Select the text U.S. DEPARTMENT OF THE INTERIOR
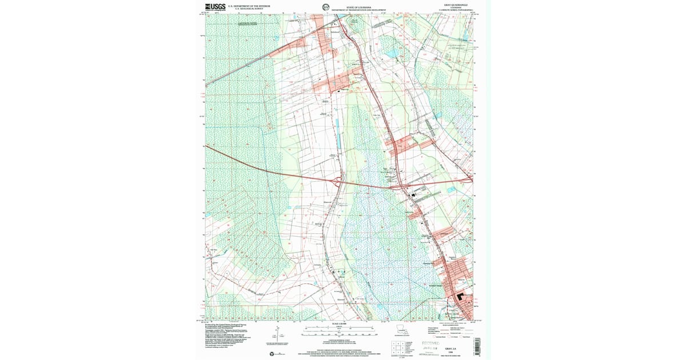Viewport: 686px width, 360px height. pyautogui.click(x=249, y=6)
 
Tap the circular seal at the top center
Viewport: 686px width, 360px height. pyautogui.click(x=325, y=7)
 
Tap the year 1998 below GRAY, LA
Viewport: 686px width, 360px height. pyautogui.click(x=452, y=353)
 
